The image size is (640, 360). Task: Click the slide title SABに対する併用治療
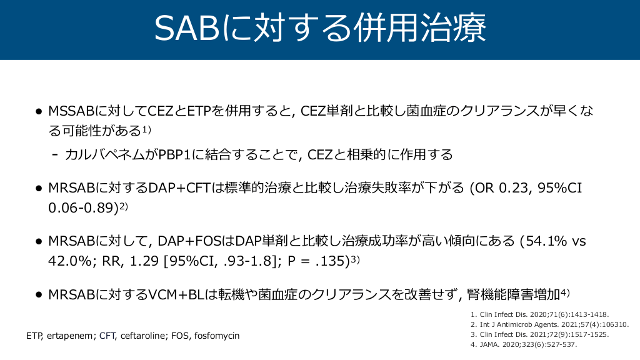(x=320, y=28)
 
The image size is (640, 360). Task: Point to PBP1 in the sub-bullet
(x=174, y=155)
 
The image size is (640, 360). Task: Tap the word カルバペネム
(x=104, y=155)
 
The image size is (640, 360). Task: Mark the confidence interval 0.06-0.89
(x=83, y=207)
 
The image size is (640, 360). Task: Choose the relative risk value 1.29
(x=144, y=261)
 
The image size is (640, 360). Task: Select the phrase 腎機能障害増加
(x=514, y=294)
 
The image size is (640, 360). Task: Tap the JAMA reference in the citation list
(x=524, y=344)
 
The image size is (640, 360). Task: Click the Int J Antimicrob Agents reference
(x=550, y=324)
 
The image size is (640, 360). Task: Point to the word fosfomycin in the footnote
(x=217, y=336)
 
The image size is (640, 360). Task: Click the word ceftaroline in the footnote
(x=142, y=336)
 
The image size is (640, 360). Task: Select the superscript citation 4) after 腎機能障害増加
(x=565, y=292)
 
